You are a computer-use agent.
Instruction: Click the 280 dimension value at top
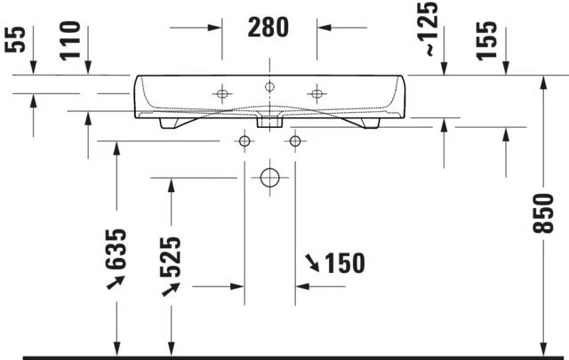(268, 28)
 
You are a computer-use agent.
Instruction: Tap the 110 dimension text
(72, 41)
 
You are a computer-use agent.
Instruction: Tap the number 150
(345, 263)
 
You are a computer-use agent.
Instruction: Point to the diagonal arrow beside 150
(313, 262)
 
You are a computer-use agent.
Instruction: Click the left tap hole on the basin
(220, 92)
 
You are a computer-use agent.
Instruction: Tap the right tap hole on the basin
(317, 92)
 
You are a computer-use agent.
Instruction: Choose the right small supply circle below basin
(294, 140)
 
